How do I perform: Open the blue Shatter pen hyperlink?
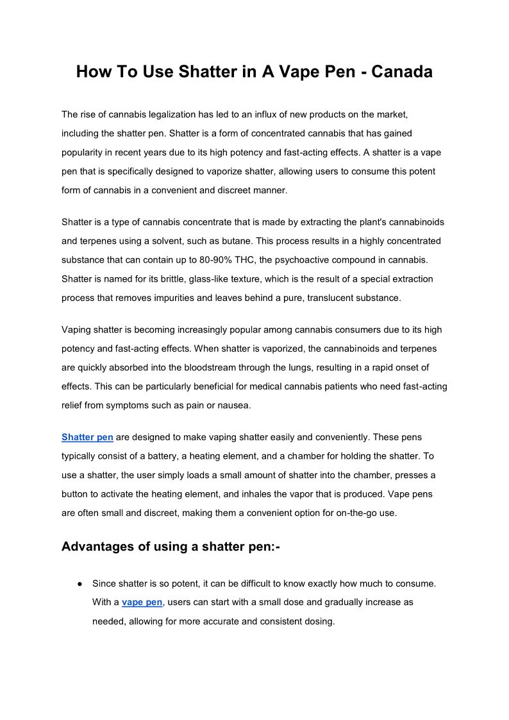pos(87,437)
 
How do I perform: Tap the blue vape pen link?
pos(142,603)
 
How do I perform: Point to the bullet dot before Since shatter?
pos(78,584)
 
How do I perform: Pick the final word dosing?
pos(319,622)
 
